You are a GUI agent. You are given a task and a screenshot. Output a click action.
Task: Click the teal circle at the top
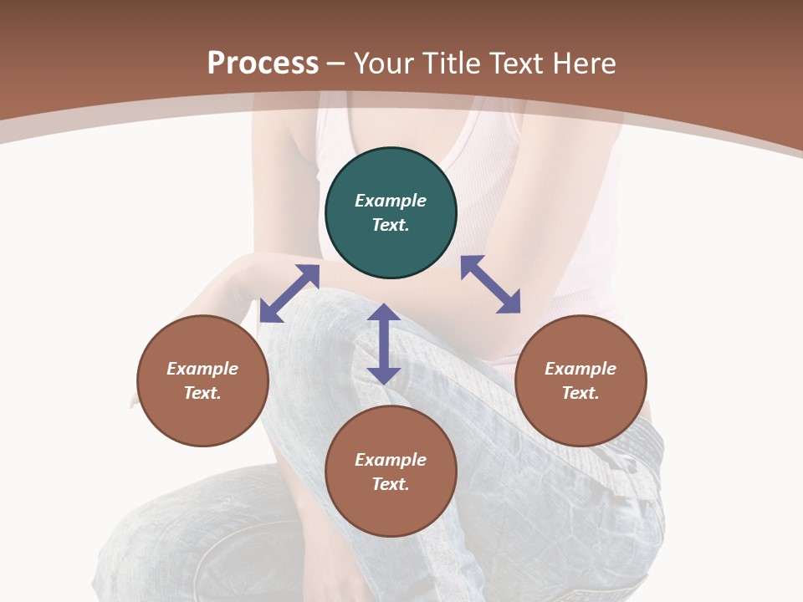click(x=391, y=213)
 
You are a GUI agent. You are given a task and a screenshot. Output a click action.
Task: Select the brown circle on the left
click(x=202, y=381)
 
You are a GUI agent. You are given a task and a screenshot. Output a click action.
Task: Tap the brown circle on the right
click(x=581, y=381)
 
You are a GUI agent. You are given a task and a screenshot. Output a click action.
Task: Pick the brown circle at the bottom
click(x=391, y=472)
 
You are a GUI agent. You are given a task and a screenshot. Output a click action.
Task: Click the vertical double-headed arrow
click(x=384, y=344)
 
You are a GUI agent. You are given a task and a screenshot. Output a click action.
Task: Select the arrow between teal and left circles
click(x=289, y=293)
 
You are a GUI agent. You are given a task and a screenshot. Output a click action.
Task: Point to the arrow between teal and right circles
click(x=490, y=284)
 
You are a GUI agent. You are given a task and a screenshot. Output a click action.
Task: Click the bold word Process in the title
click(x=263, y=63)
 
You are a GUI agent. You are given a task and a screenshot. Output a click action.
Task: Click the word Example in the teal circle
click(x=391, y=201)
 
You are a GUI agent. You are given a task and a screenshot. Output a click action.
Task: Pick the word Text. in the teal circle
click(x=391, y=225)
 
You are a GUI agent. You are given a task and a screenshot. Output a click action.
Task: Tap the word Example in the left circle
click(x=202, y=369)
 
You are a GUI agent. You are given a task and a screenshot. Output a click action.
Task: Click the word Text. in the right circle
click(x=581, y=393)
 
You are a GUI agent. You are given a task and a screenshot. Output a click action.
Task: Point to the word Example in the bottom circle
click(x=391, y=460)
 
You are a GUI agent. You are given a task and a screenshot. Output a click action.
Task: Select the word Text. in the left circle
click(x=202, y=393)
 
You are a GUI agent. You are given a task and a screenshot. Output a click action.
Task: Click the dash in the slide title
click(x=336, y=64)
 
